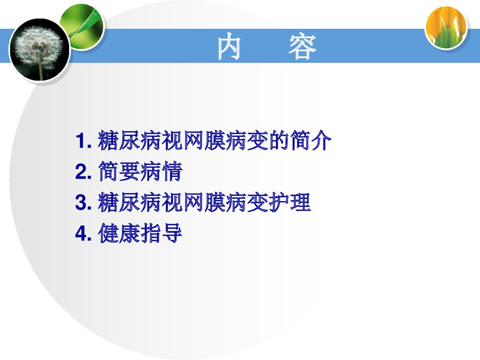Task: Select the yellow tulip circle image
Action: [446, 28]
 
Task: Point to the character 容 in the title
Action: [302, 48]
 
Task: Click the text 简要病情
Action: [140, 172]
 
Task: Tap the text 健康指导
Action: [140, 234]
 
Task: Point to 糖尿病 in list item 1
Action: [129, 141]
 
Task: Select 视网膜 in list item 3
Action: [193, 203]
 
